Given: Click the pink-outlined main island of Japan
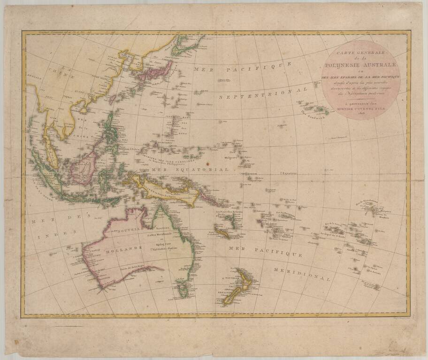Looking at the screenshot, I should click(x=159, y=73).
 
